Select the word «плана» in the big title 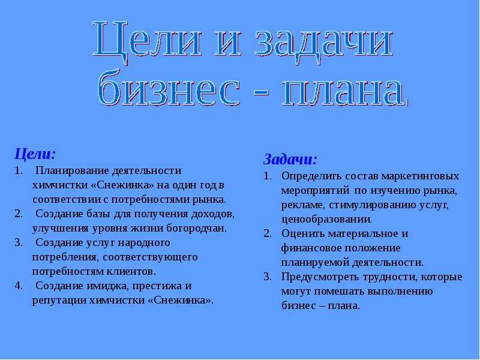[344, 92]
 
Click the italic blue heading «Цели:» [35, 154]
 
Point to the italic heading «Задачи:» [290, 159]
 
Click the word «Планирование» [72, 170]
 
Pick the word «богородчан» [196, 229]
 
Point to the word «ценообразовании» [326, 219]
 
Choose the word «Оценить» [303, 233]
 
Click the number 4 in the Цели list [18, 286]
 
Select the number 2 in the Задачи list [267, 233]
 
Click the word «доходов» [212, 214]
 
